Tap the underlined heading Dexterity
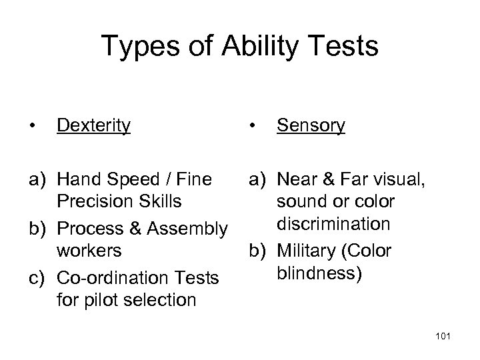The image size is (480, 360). pos(93,125)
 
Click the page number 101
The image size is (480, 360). pos(443,336)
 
